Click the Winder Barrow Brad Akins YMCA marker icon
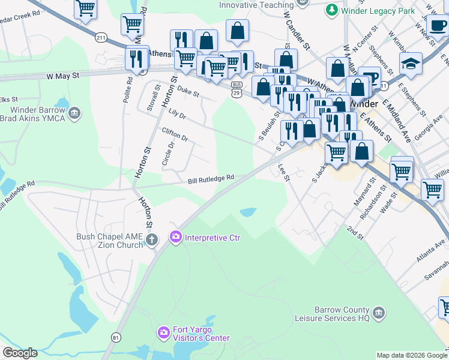tap(74, 113)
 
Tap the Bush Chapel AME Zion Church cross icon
tap(151, 241)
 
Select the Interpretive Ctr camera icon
tap(176, 238)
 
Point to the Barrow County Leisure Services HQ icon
tap(379, 313)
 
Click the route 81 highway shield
tap(115, 338)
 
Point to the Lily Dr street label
tap(178, 113)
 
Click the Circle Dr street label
tap(167, 154)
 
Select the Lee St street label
tap(284, 173)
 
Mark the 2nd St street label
tap(355, 233)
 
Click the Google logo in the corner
tap(20, 353)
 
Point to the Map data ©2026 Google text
tap(412, 355)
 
